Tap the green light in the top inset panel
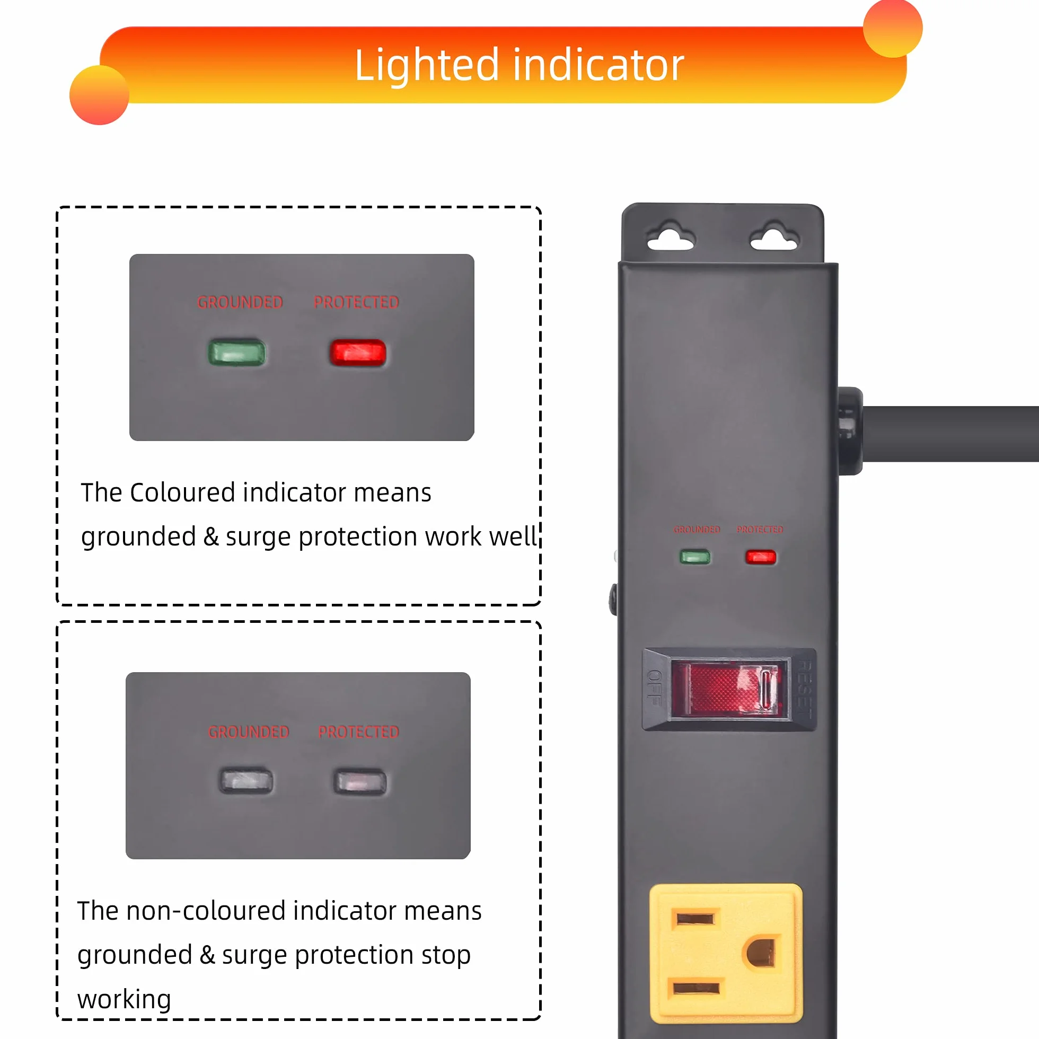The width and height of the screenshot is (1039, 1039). pos(236,353)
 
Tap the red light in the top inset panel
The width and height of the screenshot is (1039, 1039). pos(358,353)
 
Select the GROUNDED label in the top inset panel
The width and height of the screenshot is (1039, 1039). pos(240,302)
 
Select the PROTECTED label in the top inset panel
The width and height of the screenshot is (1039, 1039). pos(357,302)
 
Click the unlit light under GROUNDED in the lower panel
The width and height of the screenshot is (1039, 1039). pos(246,780)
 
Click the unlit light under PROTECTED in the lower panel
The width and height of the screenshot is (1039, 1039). pos(360,782)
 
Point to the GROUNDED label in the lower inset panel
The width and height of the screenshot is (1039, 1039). pos(249,732)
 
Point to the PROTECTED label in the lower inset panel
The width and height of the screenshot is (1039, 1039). pos(359,732)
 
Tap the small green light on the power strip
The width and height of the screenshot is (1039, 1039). pos(695,557)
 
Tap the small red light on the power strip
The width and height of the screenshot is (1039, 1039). pos(760,557)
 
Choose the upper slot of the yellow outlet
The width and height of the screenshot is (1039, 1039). pos(695,919)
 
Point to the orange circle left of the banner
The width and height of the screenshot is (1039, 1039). pos(100,95)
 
